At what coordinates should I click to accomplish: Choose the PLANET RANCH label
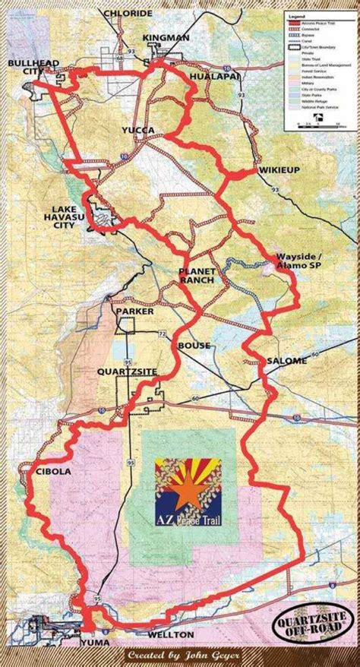(x=197, y=276)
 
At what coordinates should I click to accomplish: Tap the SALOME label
(x=287, y=360)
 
